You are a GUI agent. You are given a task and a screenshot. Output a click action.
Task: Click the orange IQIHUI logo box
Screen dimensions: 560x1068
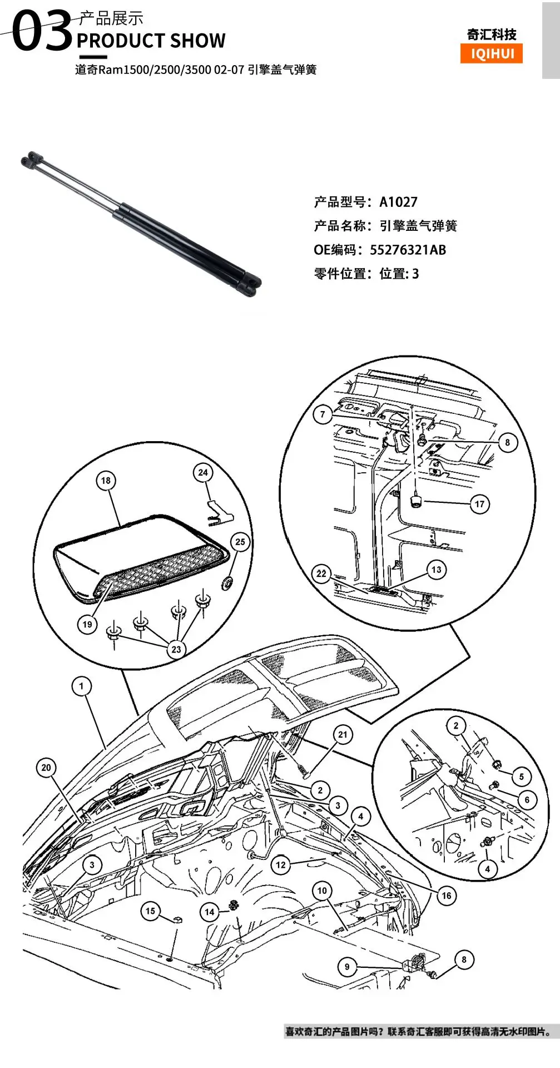492,54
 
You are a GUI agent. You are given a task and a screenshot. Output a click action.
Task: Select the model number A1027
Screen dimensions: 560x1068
398,202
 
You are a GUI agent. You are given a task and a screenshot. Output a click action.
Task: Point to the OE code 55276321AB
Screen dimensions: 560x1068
408,250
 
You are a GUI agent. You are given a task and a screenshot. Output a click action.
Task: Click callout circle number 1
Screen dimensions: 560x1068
82,686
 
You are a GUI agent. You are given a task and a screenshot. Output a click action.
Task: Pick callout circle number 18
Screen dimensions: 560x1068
106,481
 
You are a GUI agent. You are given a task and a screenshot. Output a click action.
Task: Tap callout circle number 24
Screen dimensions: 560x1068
203,473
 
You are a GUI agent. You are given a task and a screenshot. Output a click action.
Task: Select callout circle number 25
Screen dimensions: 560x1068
240,542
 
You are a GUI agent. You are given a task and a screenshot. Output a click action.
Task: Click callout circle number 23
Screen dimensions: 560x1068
176,649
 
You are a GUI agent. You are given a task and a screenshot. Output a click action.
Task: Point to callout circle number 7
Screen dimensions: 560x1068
323,414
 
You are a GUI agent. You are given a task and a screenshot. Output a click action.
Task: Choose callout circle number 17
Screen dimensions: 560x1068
479,505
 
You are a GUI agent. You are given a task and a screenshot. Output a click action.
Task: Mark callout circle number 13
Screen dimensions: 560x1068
437,570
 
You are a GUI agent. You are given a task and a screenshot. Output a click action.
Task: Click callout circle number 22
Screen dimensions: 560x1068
321,573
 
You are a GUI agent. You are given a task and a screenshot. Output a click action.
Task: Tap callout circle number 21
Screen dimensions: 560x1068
343,734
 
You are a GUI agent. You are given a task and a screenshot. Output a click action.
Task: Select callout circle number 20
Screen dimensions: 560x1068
46,768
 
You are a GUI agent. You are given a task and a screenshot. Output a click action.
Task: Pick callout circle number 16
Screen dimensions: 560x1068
446,896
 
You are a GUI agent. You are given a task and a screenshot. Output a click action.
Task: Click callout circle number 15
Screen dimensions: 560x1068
150,911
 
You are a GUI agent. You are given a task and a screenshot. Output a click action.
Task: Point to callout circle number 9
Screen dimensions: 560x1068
347,967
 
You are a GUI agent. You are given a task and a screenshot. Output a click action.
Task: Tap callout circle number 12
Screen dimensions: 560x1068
281,865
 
